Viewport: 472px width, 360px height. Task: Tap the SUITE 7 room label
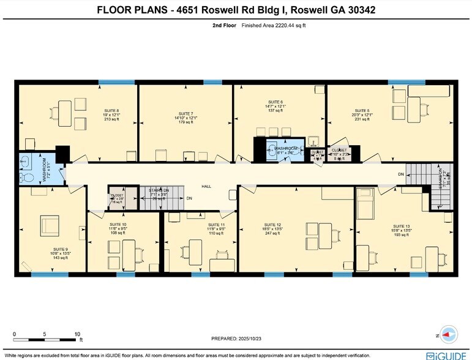pos(185,114)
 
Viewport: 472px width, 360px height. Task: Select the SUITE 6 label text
pos(275,102)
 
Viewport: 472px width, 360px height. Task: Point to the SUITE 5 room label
pos(363,111)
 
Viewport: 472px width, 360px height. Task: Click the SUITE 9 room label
pos(60,250)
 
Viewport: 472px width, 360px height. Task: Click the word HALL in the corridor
pos(207,186)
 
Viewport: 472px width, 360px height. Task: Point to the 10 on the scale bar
pos(77,334)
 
